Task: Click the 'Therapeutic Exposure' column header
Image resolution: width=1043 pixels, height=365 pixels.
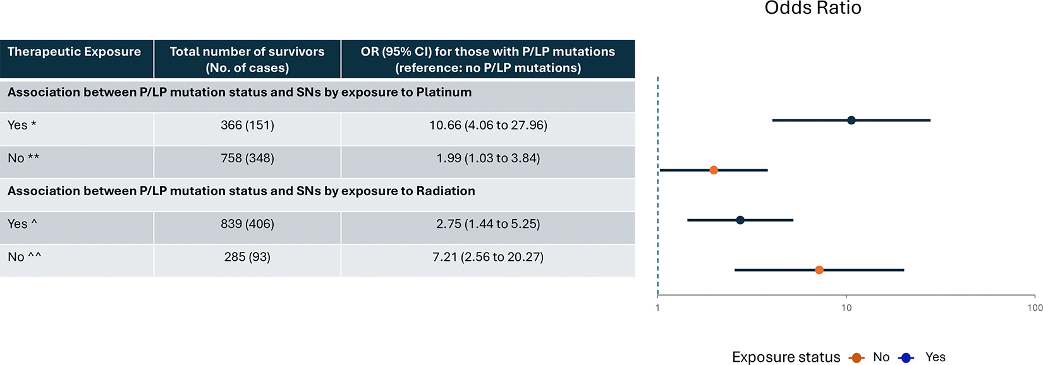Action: pyautogui.click(x=74, y=52)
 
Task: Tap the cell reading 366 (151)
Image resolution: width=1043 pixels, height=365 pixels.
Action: pyautogui.click(x=247, y=125)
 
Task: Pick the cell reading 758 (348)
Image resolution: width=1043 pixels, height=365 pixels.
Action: pyautogui.click(x=247, y=158)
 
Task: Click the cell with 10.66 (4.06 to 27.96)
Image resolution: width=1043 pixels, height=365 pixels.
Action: pyautogui.click(x=488, y=125)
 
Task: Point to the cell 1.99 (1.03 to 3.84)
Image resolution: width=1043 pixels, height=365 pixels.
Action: pyautogui.click(x=488, y=158)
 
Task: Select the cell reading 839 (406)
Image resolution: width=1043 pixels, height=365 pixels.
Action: pyautogui.click(x=247, y=224)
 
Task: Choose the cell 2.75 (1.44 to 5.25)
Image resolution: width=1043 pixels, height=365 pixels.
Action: pyautogui.click(x=488, y=224)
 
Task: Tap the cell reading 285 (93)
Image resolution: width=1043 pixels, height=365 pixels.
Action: pyautogui.click(x=247, y=257)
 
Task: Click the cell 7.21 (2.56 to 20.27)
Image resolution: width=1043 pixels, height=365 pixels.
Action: pyautogui.click(x=488, y=257)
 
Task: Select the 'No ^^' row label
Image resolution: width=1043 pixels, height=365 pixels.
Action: pyautogui.click(x=25, y=257)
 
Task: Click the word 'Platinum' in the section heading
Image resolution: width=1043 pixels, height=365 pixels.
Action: pyautogui.click(x=444, y=92)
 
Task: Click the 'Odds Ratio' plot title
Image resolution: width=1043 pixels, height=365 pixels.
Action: pyautogui.click(x=813, y=8)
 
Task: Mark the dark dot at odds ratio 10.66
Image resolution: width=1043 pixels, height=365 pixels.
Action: pyautogui.click(x=851, y=120)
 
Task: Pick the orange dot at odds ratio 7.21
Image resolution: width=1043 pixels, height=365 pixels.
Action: pyautogui.click(x=819, y=270)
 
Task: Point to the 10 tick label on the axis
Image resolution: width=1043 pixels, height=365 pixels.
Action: pyautogui.click(x=846, y=308)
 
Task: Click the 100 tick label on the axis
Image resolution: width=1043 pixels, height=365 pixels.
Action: pyautogui.click(x=1034, y=308)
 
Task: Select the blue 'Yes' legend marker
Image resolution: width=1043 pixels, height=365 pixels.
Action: pyautogui.click(x=906, y=358)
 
